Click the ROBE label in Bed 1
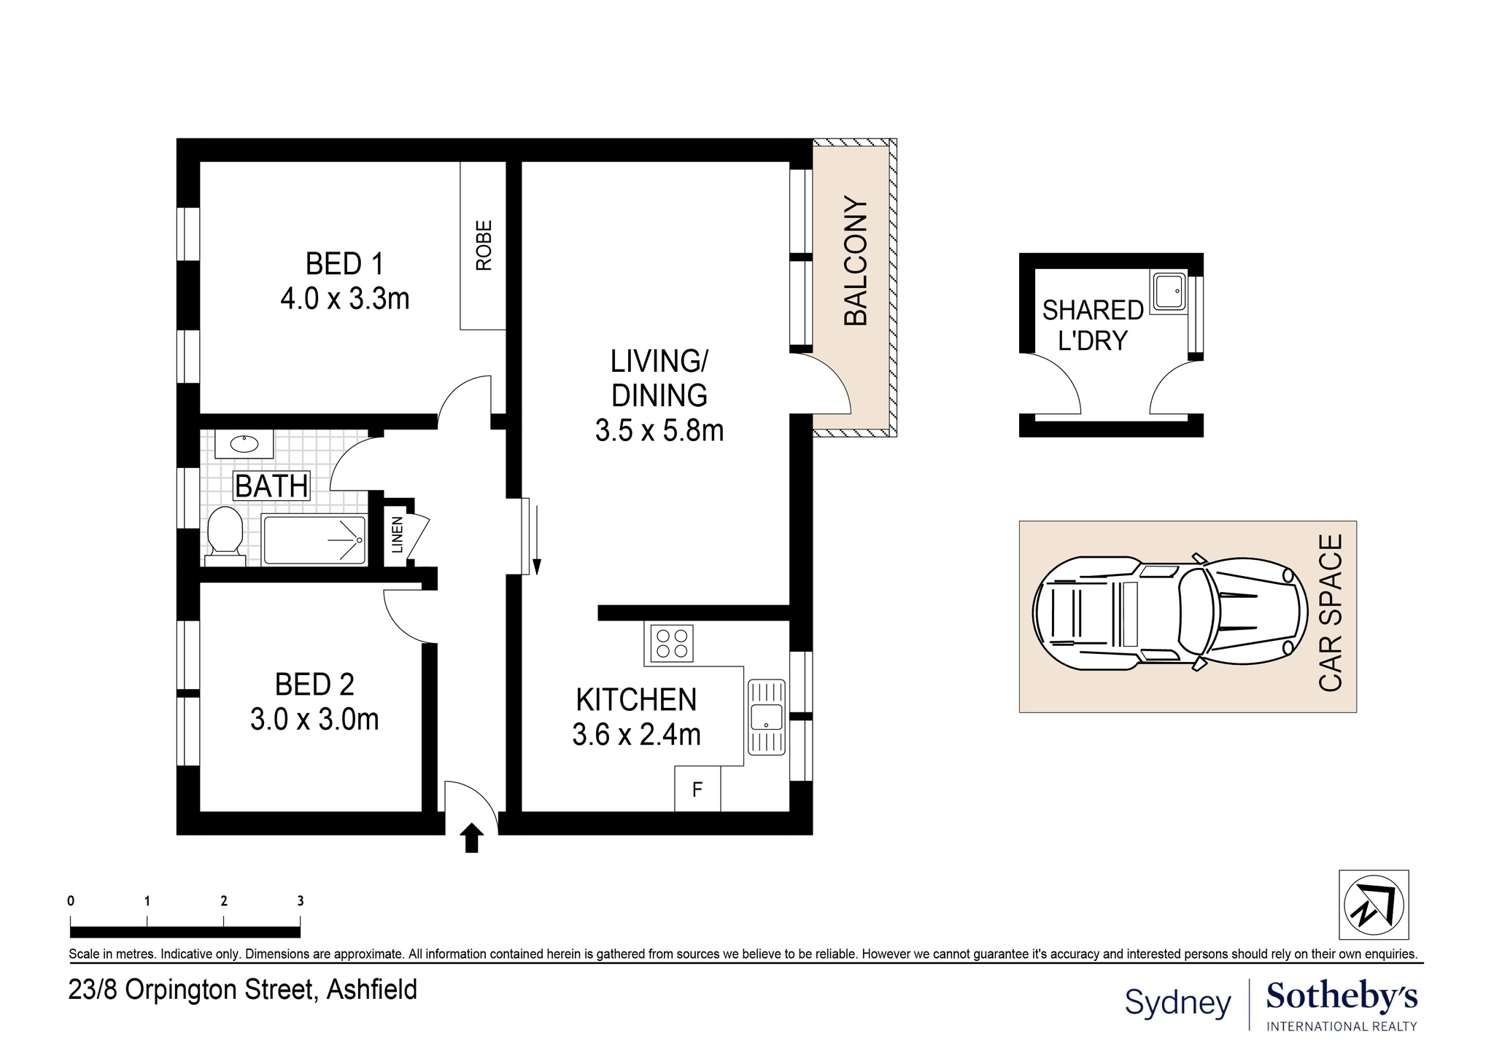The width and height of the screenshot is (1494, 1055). tap(484, 246)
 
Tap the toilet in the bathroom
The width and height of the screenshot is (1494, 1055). tap(225, 537)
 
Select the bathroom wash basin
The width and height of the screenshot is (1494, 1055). tap(244, 443)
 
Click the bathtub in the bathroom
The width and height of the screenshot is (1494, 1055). tap(314, 540)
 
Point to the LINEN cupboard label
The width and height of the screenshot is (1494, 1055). tap(397, 534)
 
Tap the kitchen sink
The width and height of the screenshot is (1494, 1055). tap(767, 717)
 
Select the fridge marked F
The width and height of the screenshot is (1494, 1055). tap(697, 789)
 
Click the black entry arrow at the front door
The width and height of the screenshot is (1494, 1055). tap(472, 838)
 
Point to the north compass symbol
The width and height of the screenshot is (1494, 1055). tap(1374, 905)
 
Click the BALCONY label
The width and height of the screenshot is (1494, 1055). tap(856, 261)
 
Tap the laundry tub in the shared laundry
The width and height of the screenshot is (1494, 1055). tap(1168, 292)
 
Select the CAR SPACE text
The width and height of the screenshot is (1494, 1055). tap(1331, 612)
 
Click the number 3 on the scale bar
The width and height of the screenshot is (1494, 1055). tap(300, 901)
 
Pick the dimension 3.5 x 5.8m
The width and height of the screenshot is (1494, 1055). tap(659, 431)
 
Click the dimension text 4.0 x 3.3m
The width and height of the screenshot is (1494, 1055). tap(345, 299)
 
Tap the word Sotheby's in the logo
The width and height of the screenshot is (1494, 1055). tap(1342, 996)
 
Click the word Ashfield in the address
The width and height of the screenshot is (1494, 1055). tap(372, 990)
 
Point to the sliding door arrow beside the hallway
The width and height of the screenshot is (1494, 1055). tap(537, 538)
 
